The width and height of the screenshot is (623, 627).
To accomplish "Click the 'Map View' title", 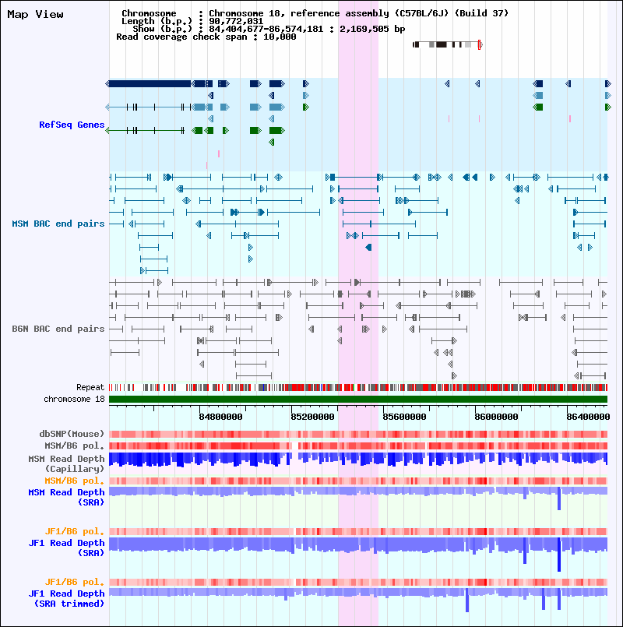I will (x=35, y=14).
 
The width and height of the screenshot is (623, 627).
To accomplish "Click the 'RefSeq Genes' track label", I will (x=72, y=125).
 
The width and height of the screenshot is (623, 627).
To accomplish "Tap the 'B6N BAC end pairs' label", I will (x=58, y=329).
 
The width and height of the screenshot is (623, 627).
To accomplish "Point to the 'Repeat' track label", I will (x=90, y=387).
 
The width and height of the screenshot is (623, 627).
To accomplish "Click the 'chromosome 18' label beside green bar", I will (x=74, y=399).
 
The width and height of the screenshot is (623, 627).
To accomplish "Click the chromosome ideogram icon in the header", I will (x=447, y=44).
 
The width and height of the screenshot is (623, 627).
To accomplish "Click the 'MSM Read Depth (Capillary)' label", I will (x=65, y=463).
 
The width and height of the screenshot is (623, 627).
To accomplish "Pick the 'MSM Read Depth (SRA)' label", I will (x=65, y=497).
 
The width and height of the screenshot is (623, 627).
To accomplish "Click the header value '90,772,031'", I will (x=236, y=21).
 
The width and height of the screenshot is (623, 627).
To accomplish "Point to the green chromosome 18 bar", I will (x=357, y=399).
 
